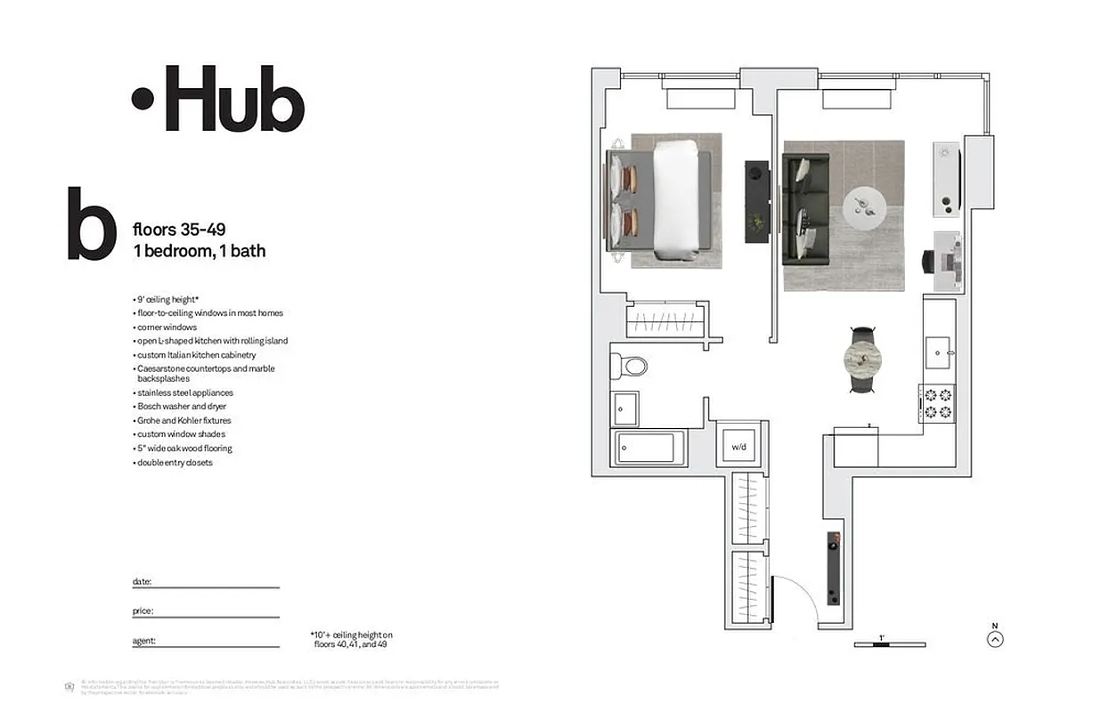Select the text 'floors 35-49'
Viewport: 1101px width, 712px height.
(x=172, y=231)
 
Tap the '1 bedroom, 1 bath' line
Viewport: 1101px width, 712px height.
(x=199, y=251)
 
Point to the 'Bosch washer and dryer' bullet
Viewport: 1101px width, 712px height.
(x=182, y=407)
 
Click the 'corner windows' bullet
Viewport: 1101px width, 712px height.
(x=167, y=328)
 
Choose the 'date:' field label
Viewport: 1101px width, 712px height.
(x=143, y=582)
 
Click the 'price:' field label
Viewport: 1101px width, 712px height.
(x=143, y=611)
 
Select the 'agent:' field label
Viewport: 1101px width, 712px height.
(x=144, y=641)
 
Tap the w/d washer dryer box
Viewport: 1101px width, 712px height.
(x=738, y=446)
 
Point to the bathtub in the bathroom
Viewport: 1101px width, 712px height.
(x=648, y=448)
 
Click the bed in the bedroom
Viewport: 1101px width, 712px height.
(x=660, y=200)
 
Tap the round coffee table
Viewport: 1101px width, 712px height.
(x=863, y=207)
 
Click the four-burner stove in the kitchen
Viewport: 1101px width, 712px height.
(x=938, y=404)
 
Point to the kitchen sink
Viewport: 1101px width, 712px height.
(x=939, y=352)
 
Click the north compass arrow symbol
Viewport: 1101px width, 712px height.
(x=996, y=639)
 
